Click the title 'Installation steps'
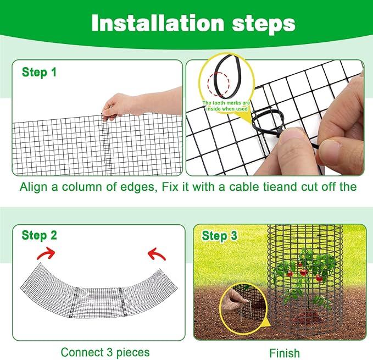point(193,24)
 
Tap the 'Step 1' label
point(39,72)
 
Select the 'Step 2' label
point(39,236)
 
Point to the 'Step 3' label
point(219,236)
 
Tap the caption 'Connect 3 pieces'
point(105,352)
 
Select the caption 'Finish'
point(285,353)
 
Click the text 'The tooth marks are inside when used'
point(226,106)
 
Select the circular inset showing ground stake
point(243,308)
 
